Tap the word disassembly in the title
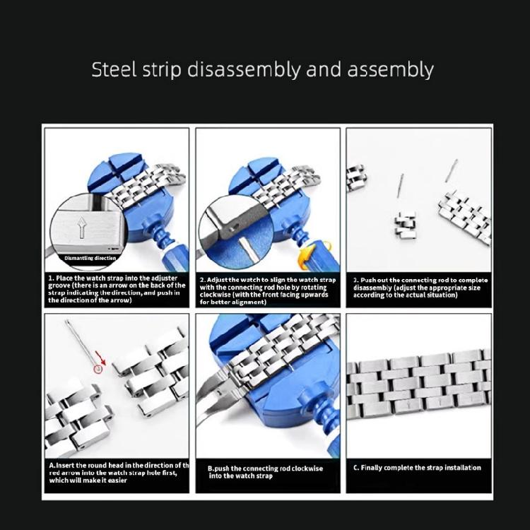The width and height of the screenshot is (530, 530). click(x=243, y=70)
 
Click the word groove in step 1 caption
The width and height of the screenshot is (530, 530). click(x=61, y=286)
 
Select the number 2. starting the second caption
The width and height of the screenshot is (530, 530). click(x=202, y=280)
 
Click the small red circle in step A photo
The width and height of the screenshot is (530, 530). click(x=99, y=368)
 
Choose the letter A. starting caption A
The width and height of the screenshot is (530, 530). click(x=53, y=465)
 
